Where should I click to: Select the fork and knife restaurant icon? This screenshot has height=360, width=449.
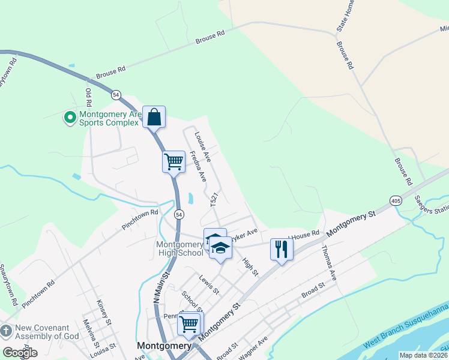tap(281, 248)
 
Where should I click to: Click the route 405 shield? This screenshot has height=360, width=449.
tap(395, 200)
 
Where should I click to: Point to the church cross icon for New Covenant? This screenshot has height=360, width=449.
tap(6, 331)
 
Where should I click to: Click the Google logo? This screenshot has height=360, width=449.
tap(20, 353)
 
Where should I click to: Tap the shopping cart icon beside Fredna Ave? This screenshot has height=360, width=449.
tap(173, 161)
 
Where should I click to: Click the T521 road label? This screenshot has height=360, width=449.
tap(212, 200)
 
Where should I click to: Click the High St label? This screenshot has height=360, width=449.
tap(250, 266)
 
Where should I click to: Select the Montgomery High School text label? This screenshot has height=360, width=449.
tap(180, 248)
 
